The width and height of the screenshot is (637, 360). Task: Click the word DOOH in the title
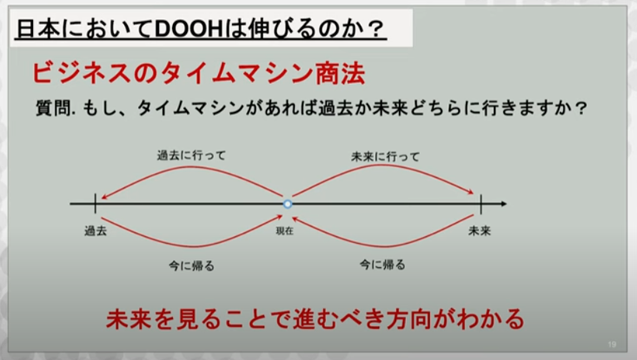click(189, 29)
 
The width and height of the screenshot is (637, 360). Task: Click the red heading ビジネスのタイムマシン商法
click(198, 73)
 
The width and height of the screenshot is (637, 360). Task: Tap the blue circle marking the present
click(288, 204)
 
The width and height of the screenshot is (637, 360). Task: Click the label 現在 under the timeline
click(284, 231)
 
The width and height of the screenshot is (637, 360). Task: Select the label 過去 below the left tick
click(96, 231)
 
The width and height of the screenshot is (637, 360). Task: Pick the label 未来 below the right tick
click(480, 231)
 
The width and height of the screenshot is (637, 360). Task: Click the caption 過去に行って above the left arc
click(191, 155)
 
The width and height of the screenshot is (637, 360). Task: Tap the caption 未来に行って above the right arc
click(385, 156)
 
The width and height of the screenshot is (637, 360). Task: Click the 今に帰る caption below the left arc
click(191, 266)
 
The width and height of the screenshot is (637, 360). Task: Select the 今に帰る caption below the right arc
click(383, 265)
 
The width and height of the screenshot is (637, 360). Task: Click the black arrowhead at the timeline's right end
click(504, 204)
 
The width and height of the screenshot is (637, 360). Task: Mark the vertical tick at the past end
click(95, 204)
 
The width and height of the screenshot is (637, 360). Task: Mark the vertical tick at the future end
click(481, 204)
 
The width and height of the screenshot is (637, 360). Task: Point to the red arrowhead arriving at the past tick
click(104, 197)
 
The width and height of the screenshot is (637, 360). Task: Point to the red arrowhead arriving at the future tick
click(471, 192)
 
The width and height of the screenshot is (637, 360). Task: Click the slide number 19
click(612, 344)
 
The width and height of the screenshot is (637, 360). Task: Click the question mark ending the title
click(377, 29)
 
